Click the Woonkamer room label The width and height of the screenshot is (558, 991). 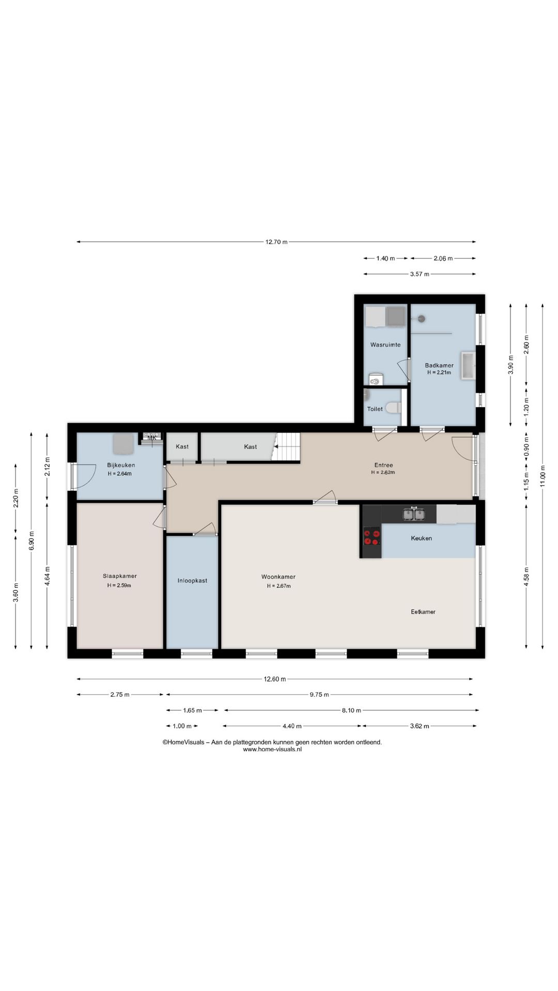[278, 577]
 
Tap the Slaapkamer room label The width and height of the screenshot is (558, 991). [119, 576]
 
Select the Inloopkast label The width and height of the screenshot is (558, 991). [192, 581]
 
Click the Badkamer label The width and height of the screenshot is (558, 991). [439, 365]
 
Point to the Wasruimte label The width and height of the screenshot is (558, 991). [385, 345]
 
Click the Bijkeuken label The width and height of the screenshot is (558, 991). [121, 465]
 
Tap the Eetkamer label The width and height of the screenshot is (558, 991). [423, 612]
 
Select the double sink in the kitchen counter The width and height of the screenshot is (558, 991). [414, 514]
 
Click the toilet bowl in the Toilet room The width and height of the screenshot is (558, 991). [394, 408]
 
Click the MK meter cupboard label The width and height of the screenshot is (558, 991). [152, 438]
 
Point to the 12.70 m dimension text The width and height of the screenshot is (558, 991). [276, 242]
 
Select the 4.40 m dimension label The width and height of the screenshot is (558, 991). [292, 726]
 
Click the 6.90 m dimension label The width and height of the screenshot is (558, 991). [32, 540]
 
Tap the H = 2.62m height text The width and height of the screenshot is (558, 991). [383, 472]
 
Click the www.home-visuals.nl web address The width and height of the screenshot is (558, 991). [272, 749]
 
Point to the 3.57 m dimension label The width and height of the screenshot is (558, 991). [420, 274]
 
